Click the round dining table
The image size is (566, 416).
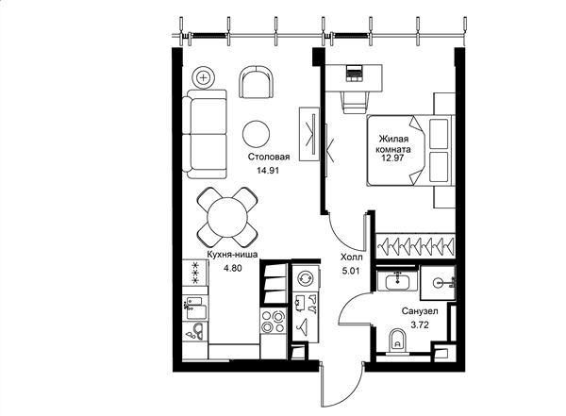[227, 217]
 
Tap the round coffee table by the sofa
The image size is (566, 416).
[256, 134]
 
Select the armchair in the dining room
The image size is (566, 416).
[256, 82]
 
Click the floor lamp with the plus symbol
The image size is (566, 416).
[204, 77]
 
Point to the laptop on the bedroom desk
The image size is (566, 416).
[354, 74]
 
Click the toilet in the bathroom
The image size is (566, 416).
[397, 341]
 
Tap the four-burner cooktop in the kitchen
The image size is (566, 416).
[274, 322]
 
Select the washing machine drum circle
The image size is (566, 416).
[306, 278]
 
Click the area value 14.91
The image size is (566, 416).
[268, 171]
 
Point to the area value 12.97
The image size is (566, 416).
[392, 158]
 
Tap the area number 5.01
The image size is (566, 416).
[351, 271]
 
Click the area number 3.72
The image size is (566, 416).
[420, 325]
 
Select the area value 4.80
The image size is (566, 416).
[232, 268]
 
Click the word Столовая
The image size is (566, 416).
[269, 157]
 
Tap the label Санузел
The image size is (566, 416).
[420, 311]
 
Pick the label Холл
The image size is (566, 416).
[352, 258]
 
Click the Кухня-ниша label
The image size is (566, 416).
[232, 255]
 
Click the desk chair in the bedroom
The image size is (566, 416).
[357, 102]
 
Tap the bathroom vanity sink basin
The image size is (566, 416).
[397, 281]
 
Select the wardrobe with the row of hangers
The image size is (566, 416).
[415, 246]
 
